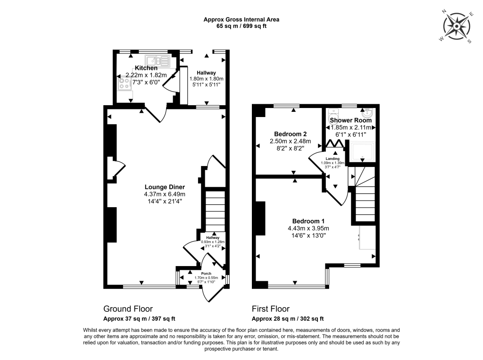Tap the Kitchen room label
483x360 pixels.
(x=146, y=68)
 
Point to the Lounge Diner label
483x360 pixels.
(x=165, y=187)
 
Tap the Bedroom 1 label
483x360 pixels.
(x=308, y=221)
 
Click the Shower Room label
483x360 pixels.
(x=350, y=120)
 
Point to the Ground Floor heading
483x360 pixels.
(x=128, y=309)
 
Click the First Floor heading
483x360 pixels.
(x=270, y=309)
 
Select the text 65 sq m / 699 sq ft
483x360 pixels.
(x=241, y=26)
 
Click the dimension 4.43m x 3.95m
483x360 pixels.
(x=308, y=229)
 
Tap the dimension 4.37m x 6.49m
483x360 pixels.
(x=165, y=194)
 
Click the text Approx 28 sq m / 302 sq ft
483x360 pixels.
(x=288, y=318)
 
